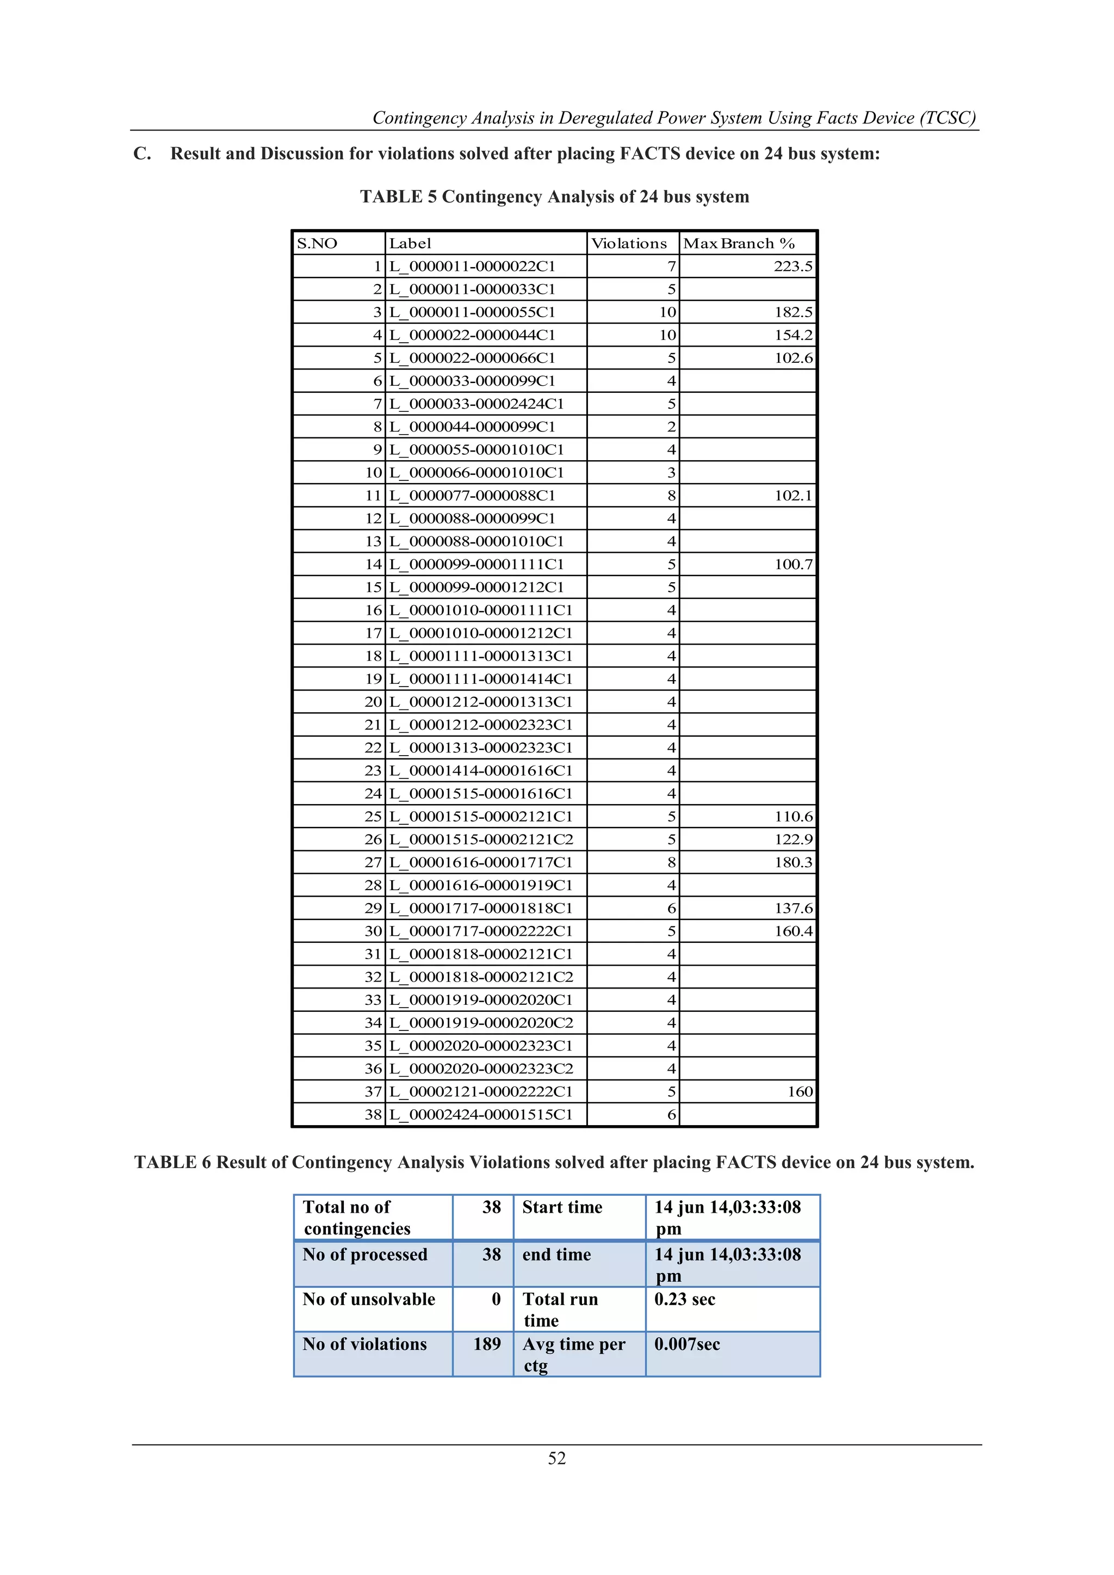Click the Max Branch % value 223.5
point(793,266)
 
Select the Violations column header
point(628,244)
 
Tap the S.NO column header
point(317,244)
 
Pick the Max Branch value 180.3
point(793,862)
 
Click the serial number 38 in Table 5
point(373,1115)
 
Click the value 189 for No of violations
point(486,1344)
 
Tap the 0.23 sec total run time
point(685,1299)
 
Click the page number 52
point(556,1459)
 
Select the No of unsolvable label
point(368,1299)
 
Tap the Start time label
point(562,1207)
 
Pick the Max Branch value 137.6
point(793,908)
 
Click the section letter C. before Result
point(142,153)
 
